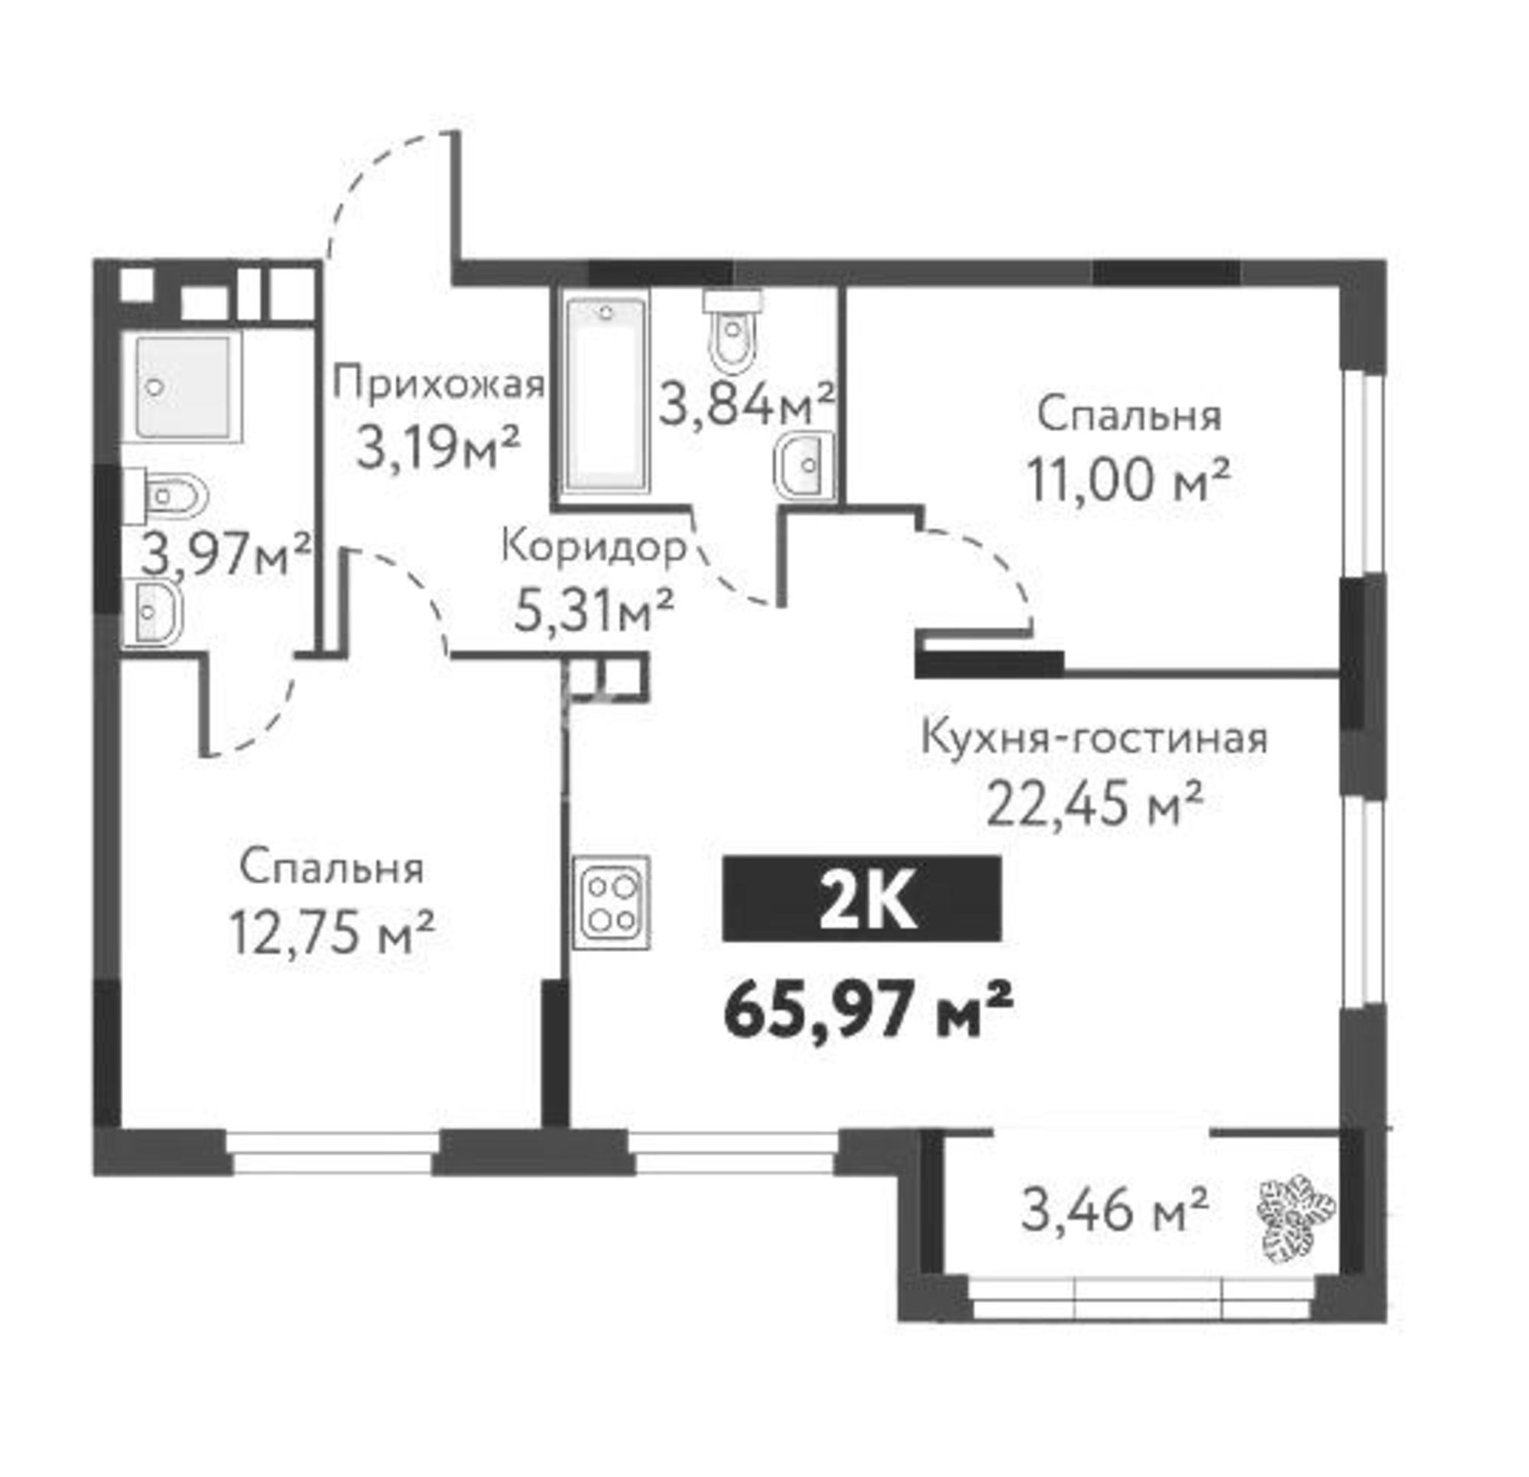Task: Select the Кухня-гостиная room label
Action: [1095, 737]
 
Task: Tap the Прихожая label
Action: [438, 385]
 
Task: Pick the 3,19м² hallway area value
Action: [437, 448]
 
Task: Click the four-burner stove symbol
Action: [612, 902]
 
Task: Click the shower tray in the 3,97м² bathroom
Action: [185, 386]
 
